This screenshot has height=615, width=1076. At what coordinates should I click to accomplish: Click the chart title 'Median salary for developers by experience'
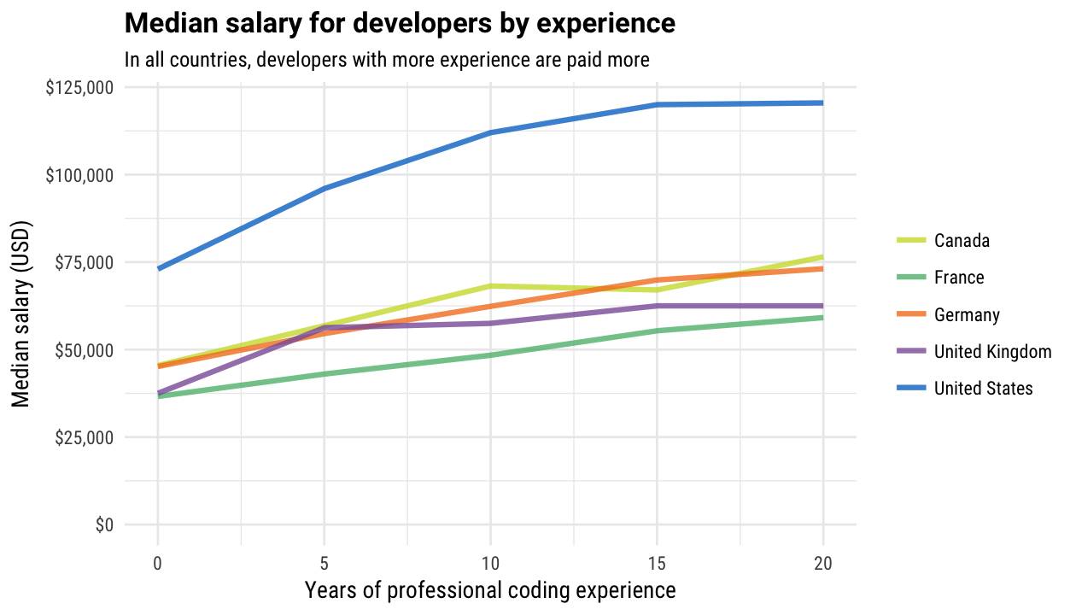click(x=400, y=23)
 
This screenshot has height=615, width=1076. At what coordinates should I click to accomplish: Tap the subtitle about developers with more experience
click(x=387, y=60)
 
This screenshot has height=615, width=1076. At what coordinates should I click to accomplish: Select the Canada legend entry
click(x=962, y=240)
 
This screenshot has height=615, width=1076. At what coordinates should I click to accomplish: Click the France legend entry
click(x=959, y=278)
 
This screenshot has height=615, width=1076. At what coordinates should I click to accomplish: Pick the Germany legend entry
click(x=967, y=314)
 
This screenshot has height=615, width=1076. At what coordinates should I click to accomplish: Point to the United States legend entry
click(x=983, y=389)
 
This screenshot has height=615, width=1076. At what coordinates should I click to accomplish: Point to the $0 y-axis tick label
click(x=102, y=525)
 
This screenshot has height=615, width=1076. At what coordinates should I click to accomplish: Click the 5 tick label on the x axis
click(x=325, y=563)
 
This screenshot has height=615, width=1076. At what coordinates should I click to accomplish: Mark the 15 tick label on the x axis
click(x=657, y=563)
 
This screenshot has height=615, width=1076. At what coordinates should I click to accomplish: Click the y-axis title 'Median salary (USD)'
click(x=21, y=316)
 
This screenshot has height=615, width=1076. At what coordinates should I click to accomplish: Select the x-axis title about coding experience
click(x=490, y=590)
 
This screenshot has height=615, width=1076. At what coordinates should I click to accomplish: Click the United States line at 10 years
click(x=490, y=132)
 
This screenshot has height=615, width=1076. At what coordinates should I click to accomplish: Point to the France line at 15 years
click(x=657, y=331)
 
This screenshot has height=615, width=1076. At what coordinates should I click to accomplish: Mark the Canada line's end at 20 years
click(x=822, y=257)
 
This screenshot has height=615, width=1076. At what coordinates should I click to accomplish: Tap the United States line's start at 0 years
click(x=159, y=268)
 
